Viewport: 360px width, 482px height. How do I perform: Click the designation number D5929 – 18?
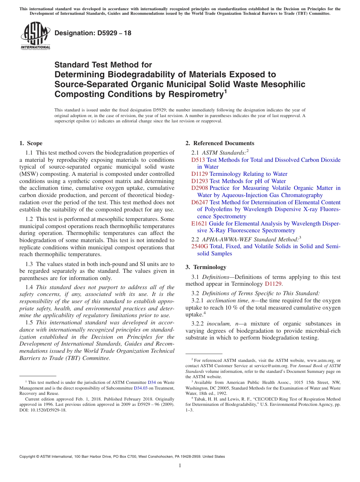[x=93, y=33]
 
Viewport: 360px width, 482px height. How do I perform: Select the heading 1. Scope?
[x=31, y=143]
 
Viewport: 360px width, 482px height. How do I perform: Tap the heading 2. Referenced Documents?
[x=220, y=143]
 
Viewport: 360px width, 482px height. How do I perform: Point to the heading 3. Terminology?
[x=211, y=267]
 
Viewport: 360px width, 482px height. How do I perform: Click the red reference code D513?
[x=198, y=160]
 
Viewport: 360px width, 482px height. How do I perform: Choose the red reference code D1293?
[x=200, y=181]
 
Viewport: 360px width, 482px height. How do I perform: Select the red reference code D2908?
[x=200, y=188]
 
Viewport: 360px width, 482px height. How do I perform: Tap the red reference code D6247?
[x=200, y=202]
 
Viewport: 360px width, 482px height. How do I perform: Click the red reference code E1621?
[x=199, y=224]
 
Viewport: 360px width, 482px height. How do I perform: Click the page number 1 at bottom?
[x=180, y=465]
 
